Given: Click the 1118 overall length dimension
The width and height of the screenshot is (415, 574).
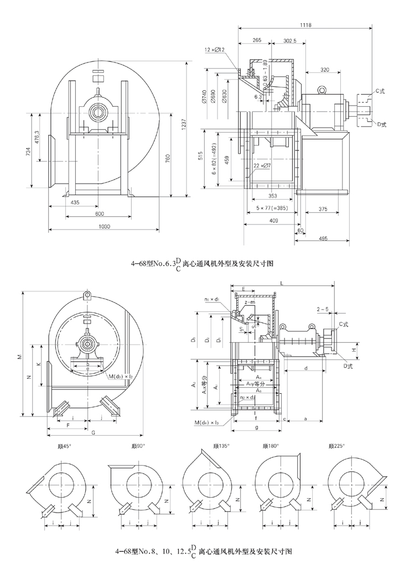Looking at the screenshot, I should (304, 24).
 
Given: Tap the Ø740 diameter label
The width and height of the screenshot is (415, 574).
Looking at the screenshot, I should (204, 97).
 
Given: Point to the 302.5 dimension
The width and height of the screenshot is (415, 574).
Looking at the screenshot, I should (289, 40).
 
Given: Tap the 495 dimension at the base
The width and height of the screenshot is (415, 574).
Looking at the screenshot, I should (324, 238).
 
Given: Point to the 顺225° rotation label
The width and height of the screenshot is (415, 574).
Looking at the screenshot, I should (336, 446).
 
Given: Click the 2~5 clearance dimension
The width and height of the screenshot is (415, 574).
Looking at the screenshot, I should (323, 307).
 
